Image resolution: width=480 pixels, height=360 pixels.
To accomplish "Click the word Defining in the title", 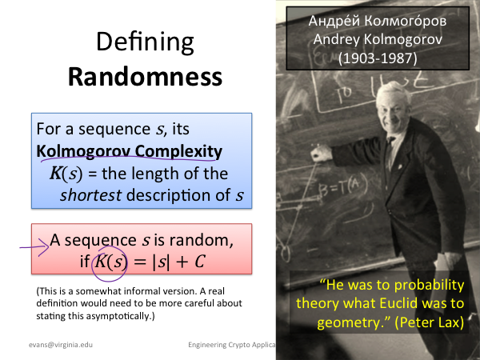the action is pos(145,43).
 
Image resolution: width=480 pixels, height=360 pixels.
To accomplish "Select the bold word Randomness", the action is pos(145,77).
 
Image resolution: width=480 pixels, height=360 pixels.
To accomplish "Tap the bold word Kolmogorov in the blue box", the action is pos(83,151).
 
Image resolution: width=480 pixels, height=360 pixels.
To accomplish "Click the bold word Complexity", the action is pos(178,152).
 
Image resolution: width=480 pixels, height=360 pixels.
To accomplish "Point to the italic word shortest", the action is pos(91,195).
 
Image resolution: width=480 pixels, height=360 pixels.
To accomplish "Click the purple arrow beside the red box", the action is pos(34,246).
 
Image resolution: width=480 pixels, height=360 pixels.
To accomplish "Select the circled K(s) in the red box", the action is pos(110,262).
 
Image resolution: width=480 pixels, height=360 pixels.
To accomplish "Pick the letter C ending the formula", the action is pos(199,262).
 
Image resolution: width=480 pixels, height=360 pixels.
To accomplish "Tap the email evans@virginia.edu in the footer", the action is pos(61,345).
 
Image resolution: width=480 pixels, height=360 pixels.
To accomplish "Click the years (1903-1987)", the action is pos(378,58).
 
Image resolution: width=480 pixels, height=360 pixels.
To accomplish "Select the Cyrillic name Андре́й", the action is pos(334,21).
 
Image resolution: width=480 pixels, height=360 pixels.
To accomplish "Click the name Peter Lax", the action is pos(429,322).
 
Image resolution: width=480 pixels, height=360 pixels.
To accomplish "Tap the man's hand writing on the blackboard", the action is pos(321,153).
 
